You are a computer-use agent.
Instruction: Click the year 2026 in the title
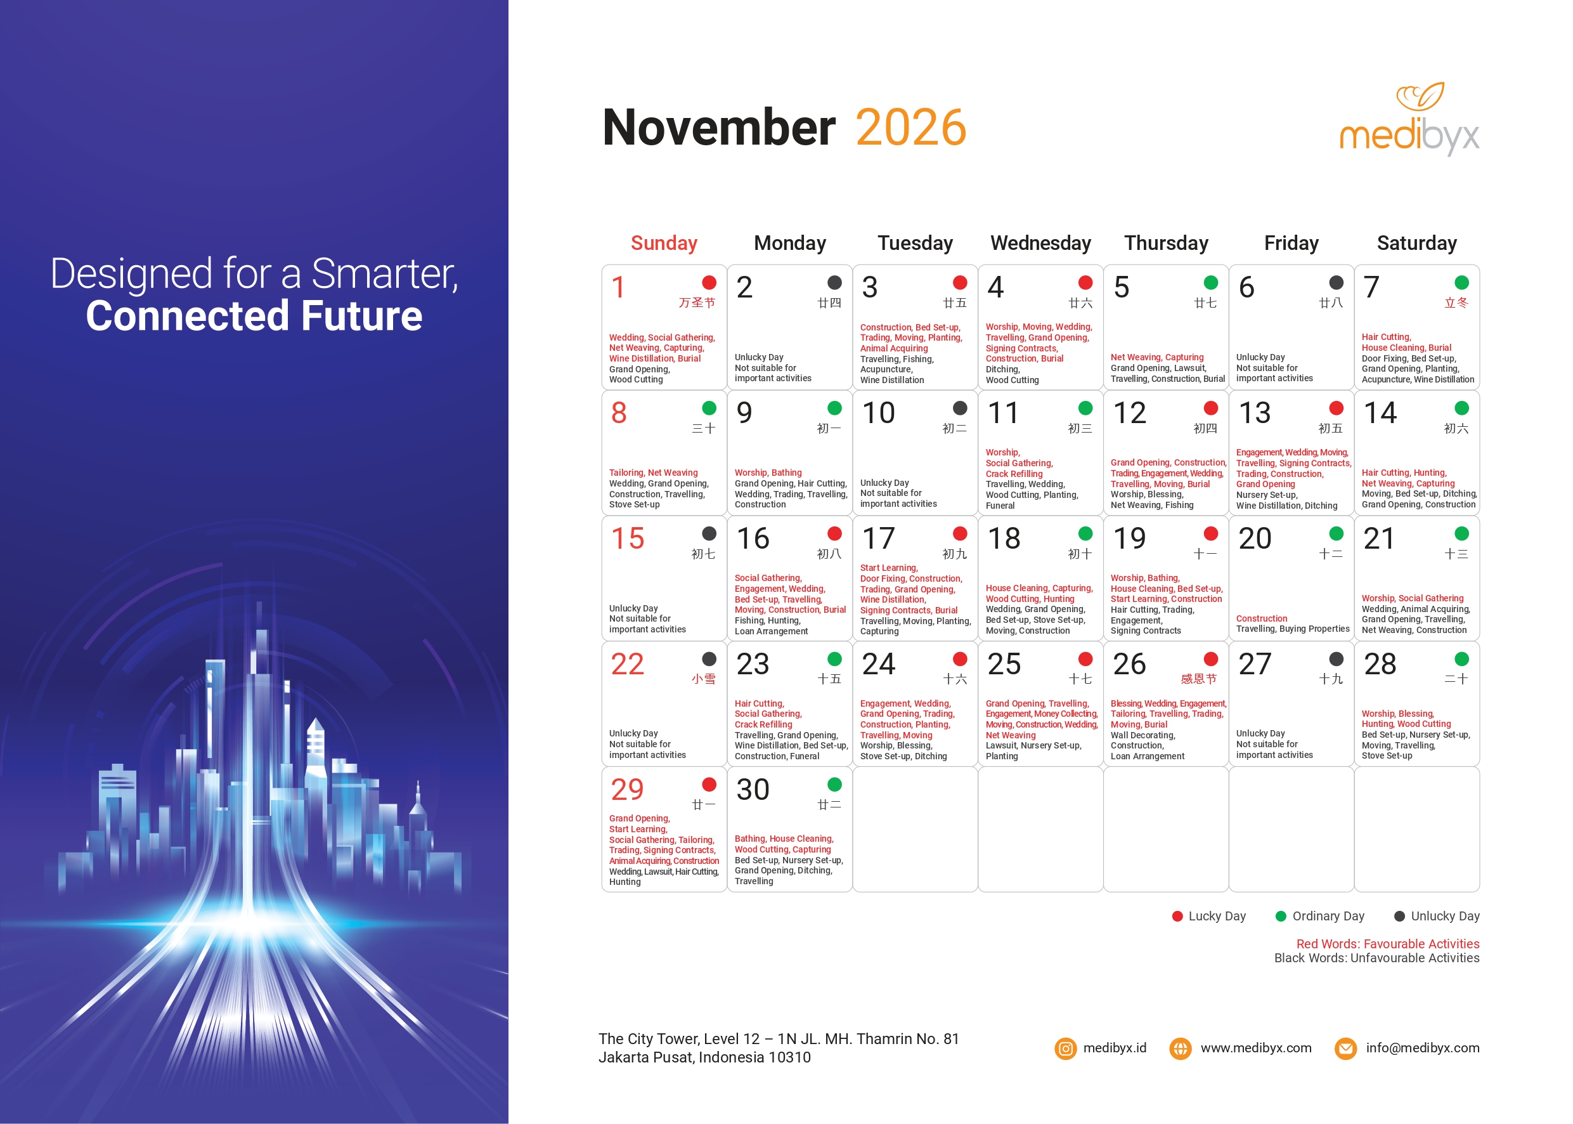pyautogui.click(x=911, y=127)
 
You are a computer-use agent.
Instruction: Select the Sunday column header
pyautogui.click(x=664, y=243)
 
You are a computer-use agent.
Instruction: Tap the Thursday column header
pyautogui.click(x=1166, y=243)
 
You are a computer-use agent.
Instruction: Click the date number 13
pyautogui.click(x=1255, y=413)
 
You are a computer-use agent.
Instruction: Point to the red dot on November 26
pyautogui.click(x=1210, y=659)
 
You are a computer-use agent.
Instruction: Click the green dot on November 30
pyautogui.click(x=835, y=784)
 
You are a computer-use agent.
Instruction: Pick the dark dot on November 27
pyautogui.click(x=1337, y=659)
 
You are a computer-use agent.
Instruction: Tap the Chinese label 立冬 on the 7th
pyautogui.click(x=1456, y=303)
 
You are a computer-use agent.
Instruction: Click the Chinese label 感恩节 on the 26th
pyautogui.click(x=1198, y=679)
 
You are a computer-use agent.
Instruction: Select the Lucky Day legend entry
pyautogui.click(x=1209, y=916)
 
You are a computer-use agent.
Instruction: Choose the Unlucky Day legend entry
pyautogui.click(x=1437, y=916)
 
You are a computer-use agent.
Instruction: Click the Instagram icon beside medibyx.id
pyautogui.click(x=1066, y=1049)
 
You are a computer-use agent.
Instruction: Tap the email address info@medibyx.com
pyautogui.click(x=1423, y=1048)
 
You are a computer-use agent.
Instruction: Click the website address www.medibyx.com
pyautogui.click(x=1256, y=1048)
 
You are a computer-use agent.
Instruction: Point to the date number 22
pyautogui.click(x=628, y=664)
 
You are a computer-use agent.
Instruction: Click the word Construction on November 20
pyautogui.click(x=1262, y=618)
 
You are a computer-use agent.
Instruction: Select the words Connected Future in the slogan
pyautogui.click(x=254, y=316)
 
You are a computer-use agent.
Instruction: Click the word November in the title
pyautogui.click(x=720, y=127)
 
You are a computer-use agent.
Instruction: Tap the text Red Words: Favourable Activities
pyautogui.click(x=1388, y=944)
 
